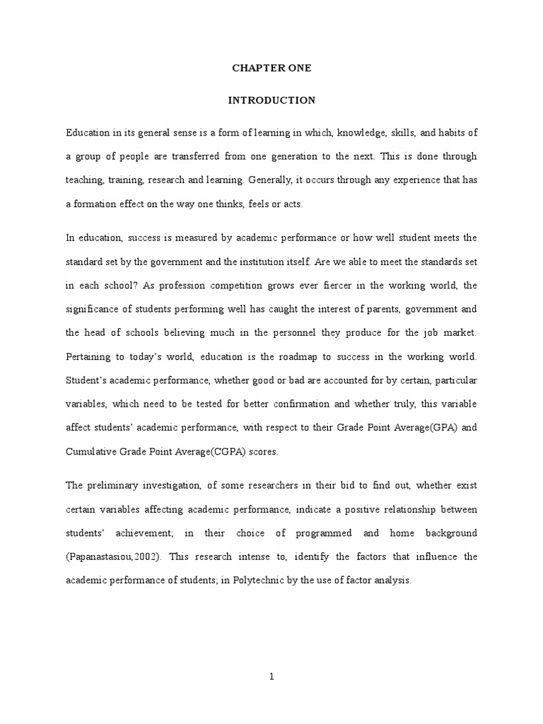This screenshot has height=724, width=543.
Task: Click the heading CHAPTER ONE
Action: click(x=271, y=69)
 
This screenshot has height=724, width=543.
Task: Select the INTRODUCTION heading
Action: click(x=271, y=100)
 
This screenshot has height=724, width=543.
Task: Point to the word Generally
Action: click(x=268, y=180)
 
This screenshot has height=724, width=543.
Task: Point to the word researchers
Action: click(x=257, y=484)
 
